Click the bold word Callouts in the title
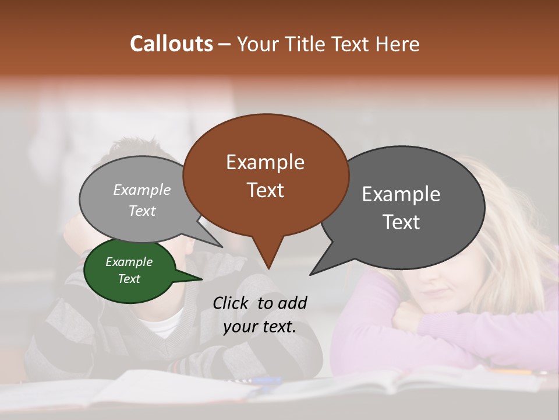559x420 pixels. point(171,44)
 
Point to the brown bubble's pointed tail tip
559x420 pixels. point(268,268)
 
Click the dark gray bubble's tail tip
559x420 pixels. point(311,274)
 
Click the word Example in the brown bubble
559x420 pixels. point(265,162)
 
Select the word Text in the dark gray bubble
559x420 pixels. point(401,222)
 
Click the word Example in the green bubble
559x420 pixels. point(129,262)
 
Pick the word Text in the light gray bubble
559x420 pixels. point(142,211)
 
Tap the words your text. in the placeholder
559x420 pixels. point(260,327)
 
